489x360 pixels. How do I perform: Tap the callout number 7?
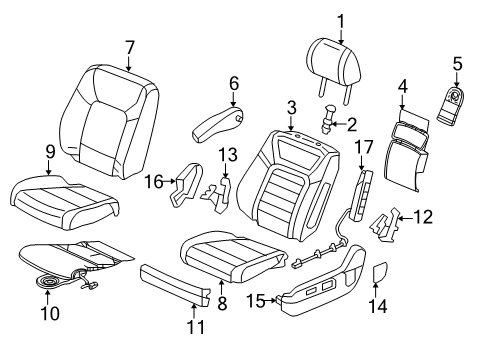point(129,47)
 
